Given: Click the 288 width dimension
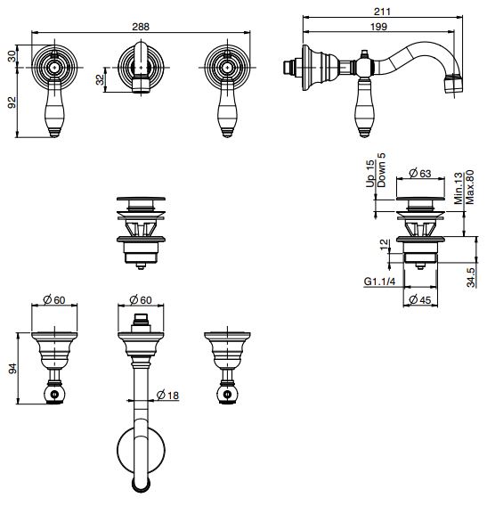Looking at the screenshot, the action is pos(141,27).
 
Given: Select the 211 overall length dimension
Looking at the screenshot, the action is pos(382,12).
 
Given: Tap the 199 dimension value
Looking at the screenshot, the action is pos(378,27).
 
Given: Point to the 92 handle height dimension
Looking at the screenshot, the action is pos(12,102).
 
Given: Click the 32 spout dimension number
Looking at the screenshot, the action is pos(101,79).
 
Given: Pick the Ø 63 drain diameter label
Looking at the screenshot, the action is pos(420,174).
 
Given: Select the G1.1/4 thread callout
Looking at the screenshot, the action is pos(379,282).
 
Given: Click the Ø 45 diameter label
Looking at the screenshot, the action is pos(420,299).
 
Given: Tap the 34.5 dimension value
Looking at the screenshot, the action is pos(472,277).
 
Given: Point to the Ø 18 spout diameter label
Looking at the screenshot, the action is pos(167,395).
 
